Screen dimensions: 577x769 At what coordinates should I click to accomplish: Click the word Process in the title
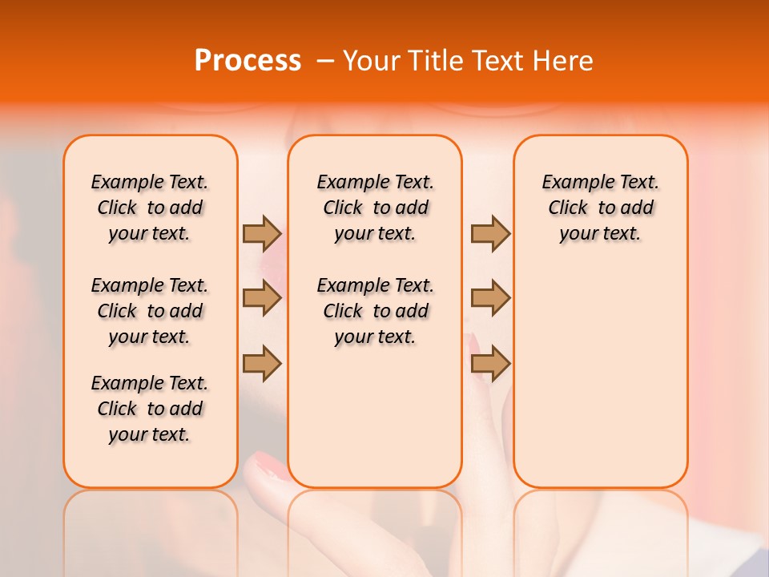248,61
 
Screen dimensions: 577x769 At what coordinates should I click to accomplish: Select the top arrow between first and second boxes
262,233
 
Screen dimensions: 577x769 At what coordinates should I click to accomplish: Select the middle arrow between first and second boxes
262,298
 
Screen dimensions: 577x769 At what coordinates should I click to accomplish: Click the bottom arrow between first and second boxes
262,363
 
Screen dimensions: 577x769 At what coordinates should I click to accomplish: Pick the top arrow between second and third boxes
490,233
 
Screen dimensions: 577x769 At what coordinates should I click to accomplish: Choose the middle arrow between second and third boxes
490,298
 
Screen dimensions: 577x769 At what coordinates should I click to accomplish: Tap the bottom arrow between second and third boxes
490,363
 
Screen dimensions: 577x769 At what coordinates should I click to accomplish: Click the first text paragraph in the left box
150,208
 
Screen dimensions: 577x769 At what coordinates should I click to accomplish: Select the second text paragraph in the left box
150,311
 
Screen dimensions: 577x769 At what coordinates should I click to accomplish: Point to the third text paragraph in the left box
150,409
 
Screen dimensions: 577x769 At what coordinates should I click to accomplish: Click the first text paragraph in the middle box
375,208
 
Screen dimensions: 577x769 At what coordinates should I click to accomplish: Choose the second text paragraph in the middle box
375,311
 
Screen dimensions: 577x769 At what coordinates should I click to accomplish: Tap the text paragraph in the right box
600,208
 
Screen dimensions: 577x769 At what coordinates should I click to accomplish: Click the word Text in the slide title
497,61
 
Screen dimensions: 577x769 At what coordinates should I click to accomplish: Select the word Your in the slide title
371,61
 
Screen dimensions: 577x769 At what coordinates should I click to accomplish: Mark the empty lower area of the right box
600,385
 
